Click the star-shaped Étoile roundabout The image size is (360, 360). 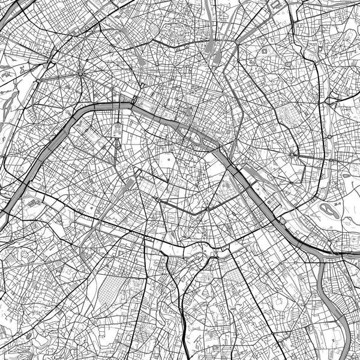tap(80, 73)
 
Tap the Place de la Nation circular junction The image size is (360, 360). tap(292, 155)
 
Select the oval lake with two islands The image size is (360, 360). tap(329, 211)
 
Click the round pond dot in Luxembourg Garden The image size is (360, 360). tap(170, 160)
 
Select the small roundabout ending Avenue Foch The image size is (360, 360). tap(37, 80)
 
